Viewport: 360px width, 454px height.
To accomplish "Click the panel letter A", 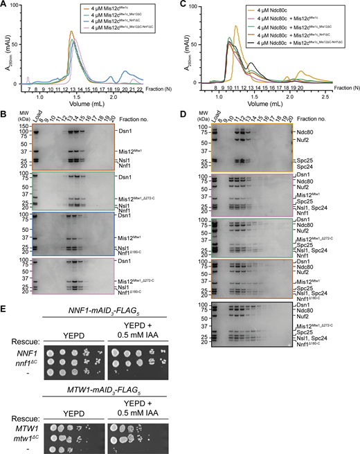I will [x=5, y=5].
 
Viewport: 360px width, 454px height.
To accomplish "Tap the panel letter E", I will [x=5, y=322].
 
